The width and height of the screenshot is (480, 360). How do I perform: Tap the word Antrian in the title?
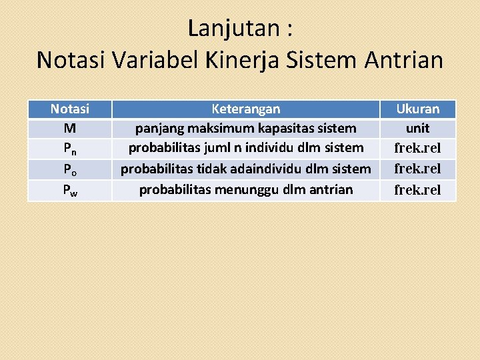click(404, 60)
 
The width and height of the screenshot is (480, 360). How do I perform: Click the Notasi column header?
click(69, 109)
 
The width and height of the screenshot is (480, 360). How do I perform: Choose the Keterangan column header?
click(245, 109)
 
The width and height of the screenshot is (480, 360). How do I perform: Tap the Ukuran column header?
click(417, 109)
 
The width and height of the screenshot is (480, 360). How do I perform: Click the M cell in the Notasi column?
click(69, 128)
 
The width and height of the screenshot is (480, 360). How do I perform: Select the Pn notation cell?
click(69, 149)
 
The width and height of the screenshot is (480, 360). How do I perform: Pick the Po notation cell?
click(69, 169)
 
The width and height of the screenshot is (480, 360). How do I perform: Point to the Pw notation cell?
click(69, 190)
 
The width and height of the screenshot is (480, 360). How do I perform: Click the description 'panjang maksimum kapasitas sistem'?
click(245, 128)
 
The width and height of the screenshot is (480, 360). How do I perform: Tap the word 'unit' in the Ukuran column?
click(417, 128)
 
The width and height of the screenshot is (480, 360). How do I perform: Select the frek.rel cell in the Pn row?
click(417, 149)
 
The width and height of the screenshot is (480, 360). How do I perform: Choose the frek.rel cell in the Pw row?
click(417, 190)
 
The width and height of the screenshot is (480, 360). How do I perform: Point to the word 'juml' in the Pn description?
click(216, 148)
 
